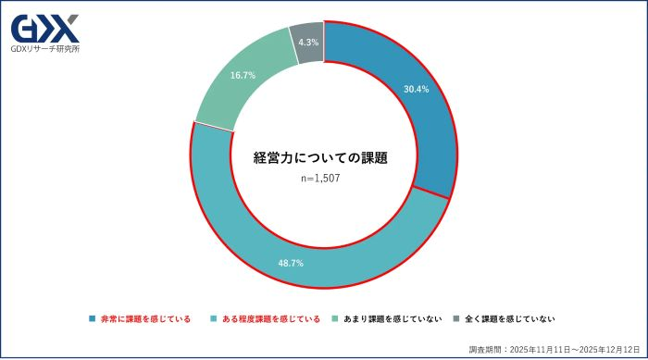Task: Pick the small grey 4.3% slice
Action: click(x=307, y=43)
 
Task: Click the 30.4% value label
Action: click(x=417, y=91)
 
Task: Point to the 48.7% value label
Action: click(x=291, y=263)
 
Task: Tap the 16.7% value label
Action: click(x=243, y=76)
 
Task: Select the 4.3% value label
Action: click(x=308, y=43)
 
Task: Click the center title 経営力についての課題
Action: click(x=320, y=158)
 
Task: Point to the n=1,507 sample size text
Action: click(x=320, y=179)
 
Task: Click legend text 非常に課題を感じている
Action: click(x=145, y=319)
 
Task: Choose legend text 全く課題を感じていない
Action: click(x=510, y=319)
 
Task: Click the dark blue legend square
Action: click(x=93, y=319)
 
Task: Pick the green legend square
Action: click(x=335, y=319)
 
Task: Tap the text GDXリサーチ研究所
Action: click(x=44, y=49)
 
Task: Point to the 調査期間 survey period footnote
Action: click(x=554, y=350)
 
